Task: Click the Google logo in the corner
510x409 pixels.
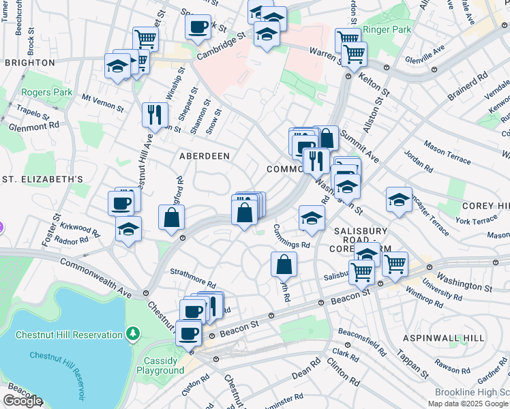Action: point(22,401)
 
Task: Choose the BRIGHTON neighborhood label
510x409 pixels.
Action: point(29,63)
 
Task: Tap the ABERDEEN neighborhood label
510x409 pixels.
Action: point(204,156)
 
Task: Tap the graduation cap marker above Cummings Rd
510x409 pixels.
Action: point(311,218)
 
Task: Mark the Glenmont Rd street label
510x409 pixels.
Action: point(34,125)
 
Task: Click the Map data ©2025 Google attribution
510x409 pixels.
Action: point(468,404)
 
